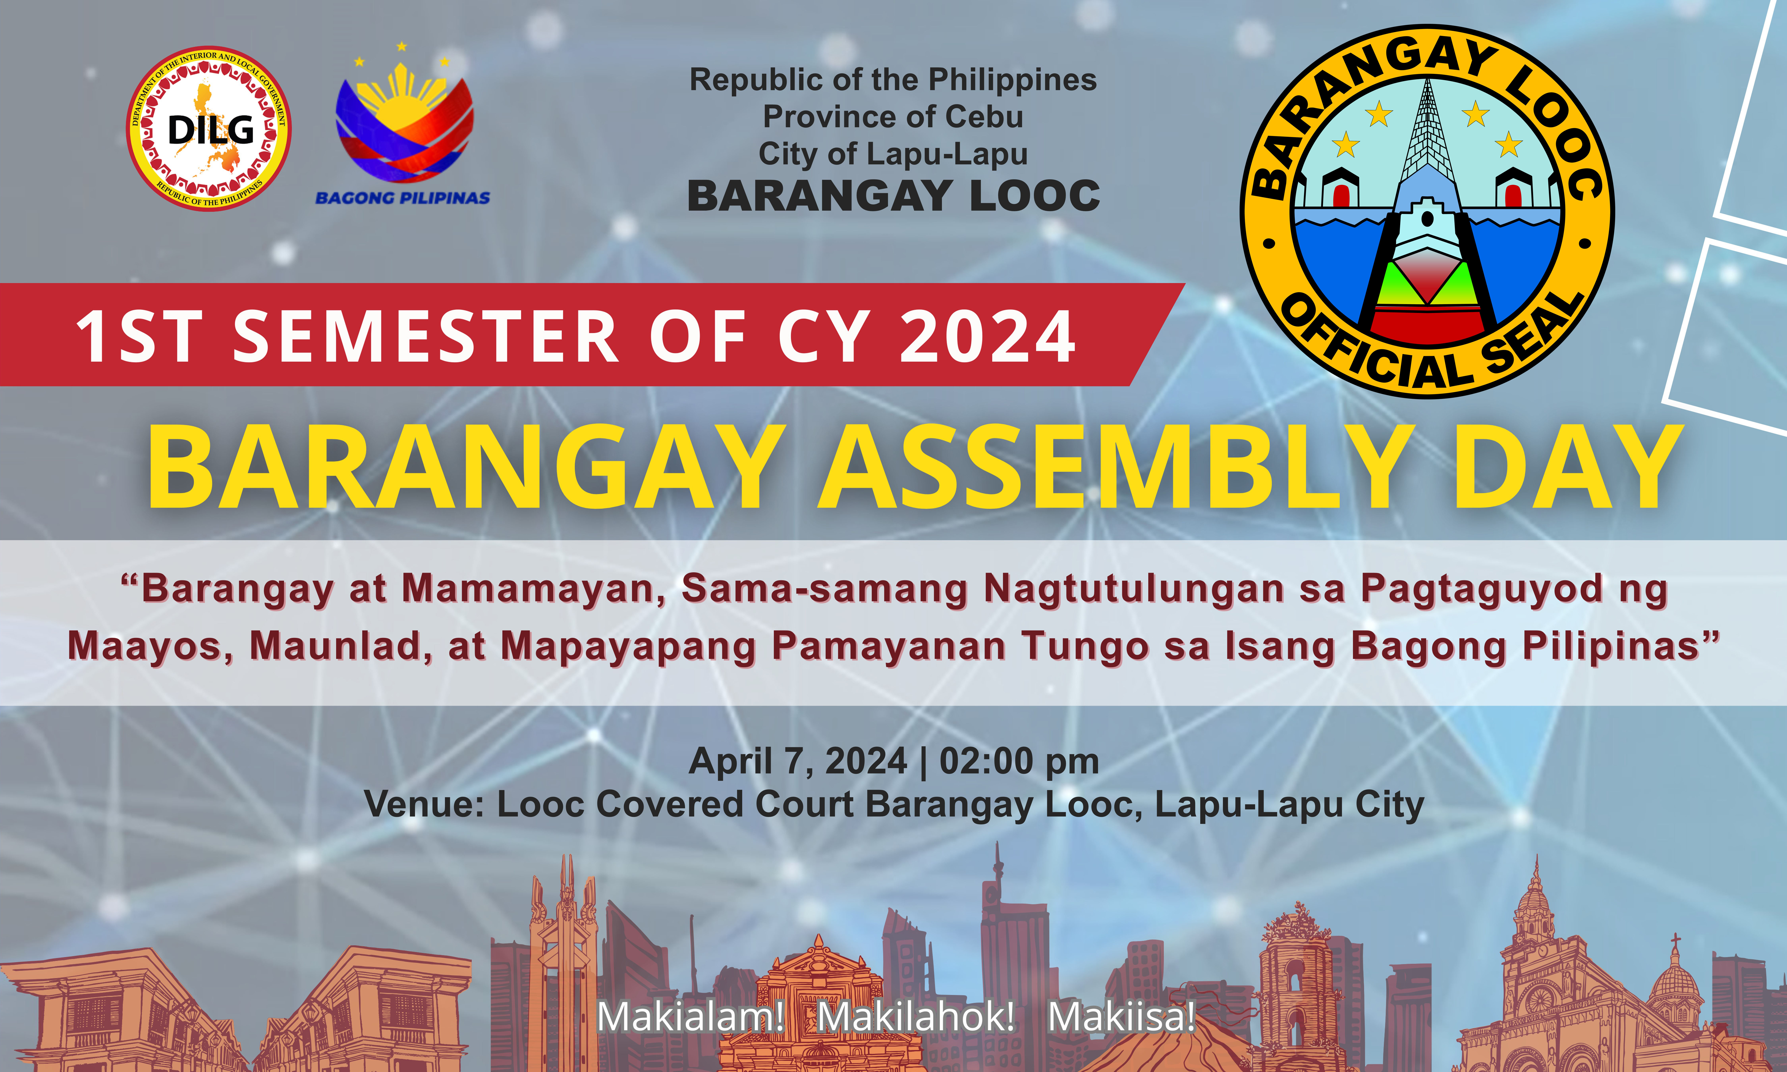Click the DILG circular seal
(x=209, y=129)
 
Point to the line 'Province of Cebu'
(x=894, y=116)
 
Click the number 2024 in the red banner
(x=987, y=336)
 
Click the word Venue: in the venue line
(x=424, y=804)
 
